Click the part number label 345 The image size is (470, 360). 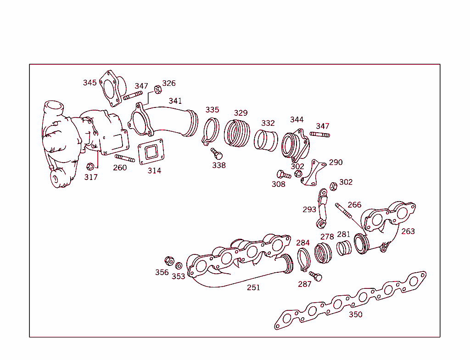click(90, 83)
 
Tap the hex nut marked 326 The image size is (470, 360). click(157, 89)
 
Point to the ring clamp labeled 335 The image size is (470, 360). click(211, 131)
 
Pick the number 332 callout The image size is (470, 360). click(268, 123)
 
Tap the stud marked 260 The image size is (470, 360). click(124, 158)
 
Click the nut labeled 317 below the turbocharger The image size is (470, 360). click(90, 166)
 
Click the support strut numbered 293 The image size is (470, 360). click(323, 209)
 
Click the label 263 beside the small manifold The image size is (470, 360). click(408, 231)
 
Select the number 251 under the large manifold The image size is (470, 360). click(253, 287)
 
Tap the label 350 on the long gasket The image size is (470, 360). click(355, 315)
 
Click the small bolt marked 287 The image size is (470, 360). click(315, 276)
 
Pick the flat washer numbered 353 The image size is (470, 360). click(179, 266)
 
